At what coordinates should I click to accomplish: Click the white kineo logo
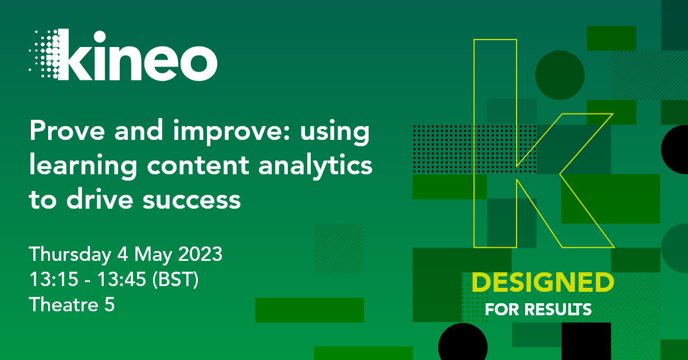pos(123,55)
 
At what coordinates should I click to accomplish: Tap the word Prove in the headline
pos(67,131)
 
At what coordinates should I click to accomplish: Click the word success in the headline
pos(191,200)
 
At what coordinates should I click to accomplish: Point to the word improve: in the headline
pos(232,132)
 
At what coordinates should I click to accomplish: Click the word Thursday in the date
pos(70,255)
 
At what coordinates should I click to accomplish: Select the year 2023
pos(200,254)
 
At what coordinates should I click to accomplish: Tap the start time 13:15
pos(54,279)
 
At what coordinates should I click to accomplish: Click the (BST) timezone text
pos(175,280)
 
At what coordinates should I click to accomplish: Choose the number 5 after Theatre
pos(110,304)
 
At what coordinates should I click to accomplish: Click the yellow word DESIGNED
pos(543,283)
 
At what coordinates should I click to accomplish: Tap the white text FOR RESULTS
pos(538,310)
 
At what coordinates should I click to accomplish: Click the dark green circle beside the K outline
pos(560,75)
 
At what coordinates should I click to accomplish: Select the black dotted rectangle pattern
pos(475,149)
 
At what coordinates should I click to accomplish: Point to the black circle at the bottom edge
pos(463,342)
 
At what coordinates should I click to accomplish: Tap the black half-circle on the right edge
pos(675,150)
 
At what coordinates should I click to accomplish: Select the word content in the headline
pos(198,165)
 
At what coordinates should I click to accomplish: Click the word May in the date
pos(153,255)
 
